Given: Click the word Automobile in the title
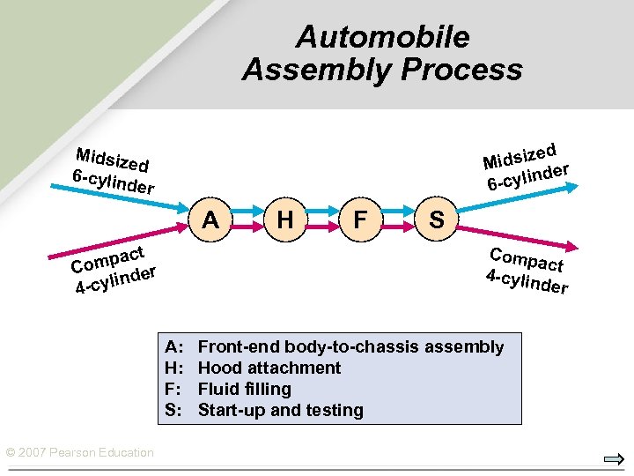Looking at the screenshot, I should click(382, 37).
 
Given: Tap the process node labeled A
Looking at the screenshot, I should click(210, 219).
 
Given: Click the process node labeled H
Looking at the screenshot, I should click(285, 219).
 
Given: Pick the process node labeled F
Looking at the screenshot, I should click(360, 219).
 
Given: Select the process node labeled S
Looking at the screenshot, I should click(435, 219).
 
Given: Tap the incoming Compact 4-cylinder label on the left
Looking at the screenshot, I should click(114, 270).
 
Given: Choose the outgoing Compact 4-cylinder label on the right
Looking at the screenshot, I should click(527, 271).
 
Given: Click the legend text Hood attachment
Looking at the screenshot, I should click(269, 368).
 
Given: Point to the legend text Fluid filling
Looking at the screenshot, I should click(244, 389).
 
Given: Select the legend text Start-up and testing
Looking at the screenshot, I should click(280, 410).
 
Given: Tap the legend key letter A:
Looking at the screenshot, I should click(173, 346).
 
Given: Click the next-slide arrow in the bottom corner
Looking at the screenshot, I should click(614, 459).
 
